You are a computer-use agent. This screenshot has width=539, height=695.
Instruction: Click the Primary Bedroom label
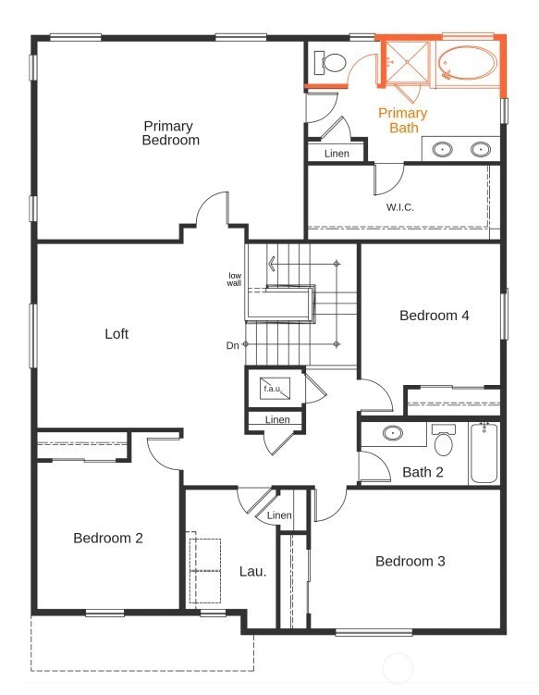coord(170,133)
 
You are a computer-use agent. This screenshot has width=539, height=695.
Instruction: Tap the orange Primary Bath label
coord(402,120)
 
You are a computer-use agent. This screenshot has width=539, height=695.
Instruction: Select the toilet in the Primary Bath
coord(329,63)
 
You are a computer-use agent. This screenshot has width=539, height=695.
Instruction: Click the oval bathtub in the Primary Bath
coord(467,63)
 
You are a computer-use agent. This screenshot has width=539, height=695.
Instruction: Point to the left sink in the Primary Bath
coord(442,149)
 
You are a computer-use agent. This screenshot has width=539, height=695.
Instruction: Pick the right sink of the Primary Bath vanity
coord(481,149)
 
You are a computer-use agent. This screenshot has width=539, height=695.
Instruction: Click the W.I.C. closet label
coord(400,207)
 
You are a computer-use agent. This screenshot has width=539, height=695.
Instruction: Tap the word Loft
coord(116,333)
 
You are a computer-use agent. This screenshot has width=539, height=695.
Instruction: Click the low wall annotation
coord(234,279)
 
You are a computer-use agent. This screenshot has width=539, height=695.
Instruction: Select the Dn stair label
coord(232,345)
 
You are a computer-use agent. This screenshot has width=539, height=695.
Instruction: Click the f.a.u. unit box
coord(275,389)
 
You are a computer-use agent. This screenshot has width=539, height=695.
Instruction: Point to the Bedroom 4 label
coord(434,316)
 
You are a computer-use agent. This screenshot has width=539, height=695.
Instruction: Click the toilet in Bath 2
coord(444,440)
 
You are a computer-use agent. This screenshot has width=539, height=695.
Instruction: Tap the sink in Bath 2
coord(392,432)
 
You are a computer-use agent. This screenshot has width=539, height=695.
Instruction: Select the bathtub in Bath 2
coord(484,453)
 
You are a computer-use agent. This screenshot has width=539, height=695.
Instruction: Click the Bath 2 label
coord(423,472)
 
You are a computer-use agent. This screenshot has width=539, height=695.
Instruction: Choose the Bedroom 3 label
coord(410,561)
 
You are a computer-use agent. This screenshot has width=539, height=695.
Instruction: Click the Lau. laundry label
coord(253,571)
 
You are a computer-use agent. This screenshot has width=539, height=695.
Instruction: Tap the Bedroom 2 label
coord(108,538)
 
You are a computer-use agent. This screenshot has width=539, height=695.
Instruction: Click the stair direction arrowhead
coord(272,264)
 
